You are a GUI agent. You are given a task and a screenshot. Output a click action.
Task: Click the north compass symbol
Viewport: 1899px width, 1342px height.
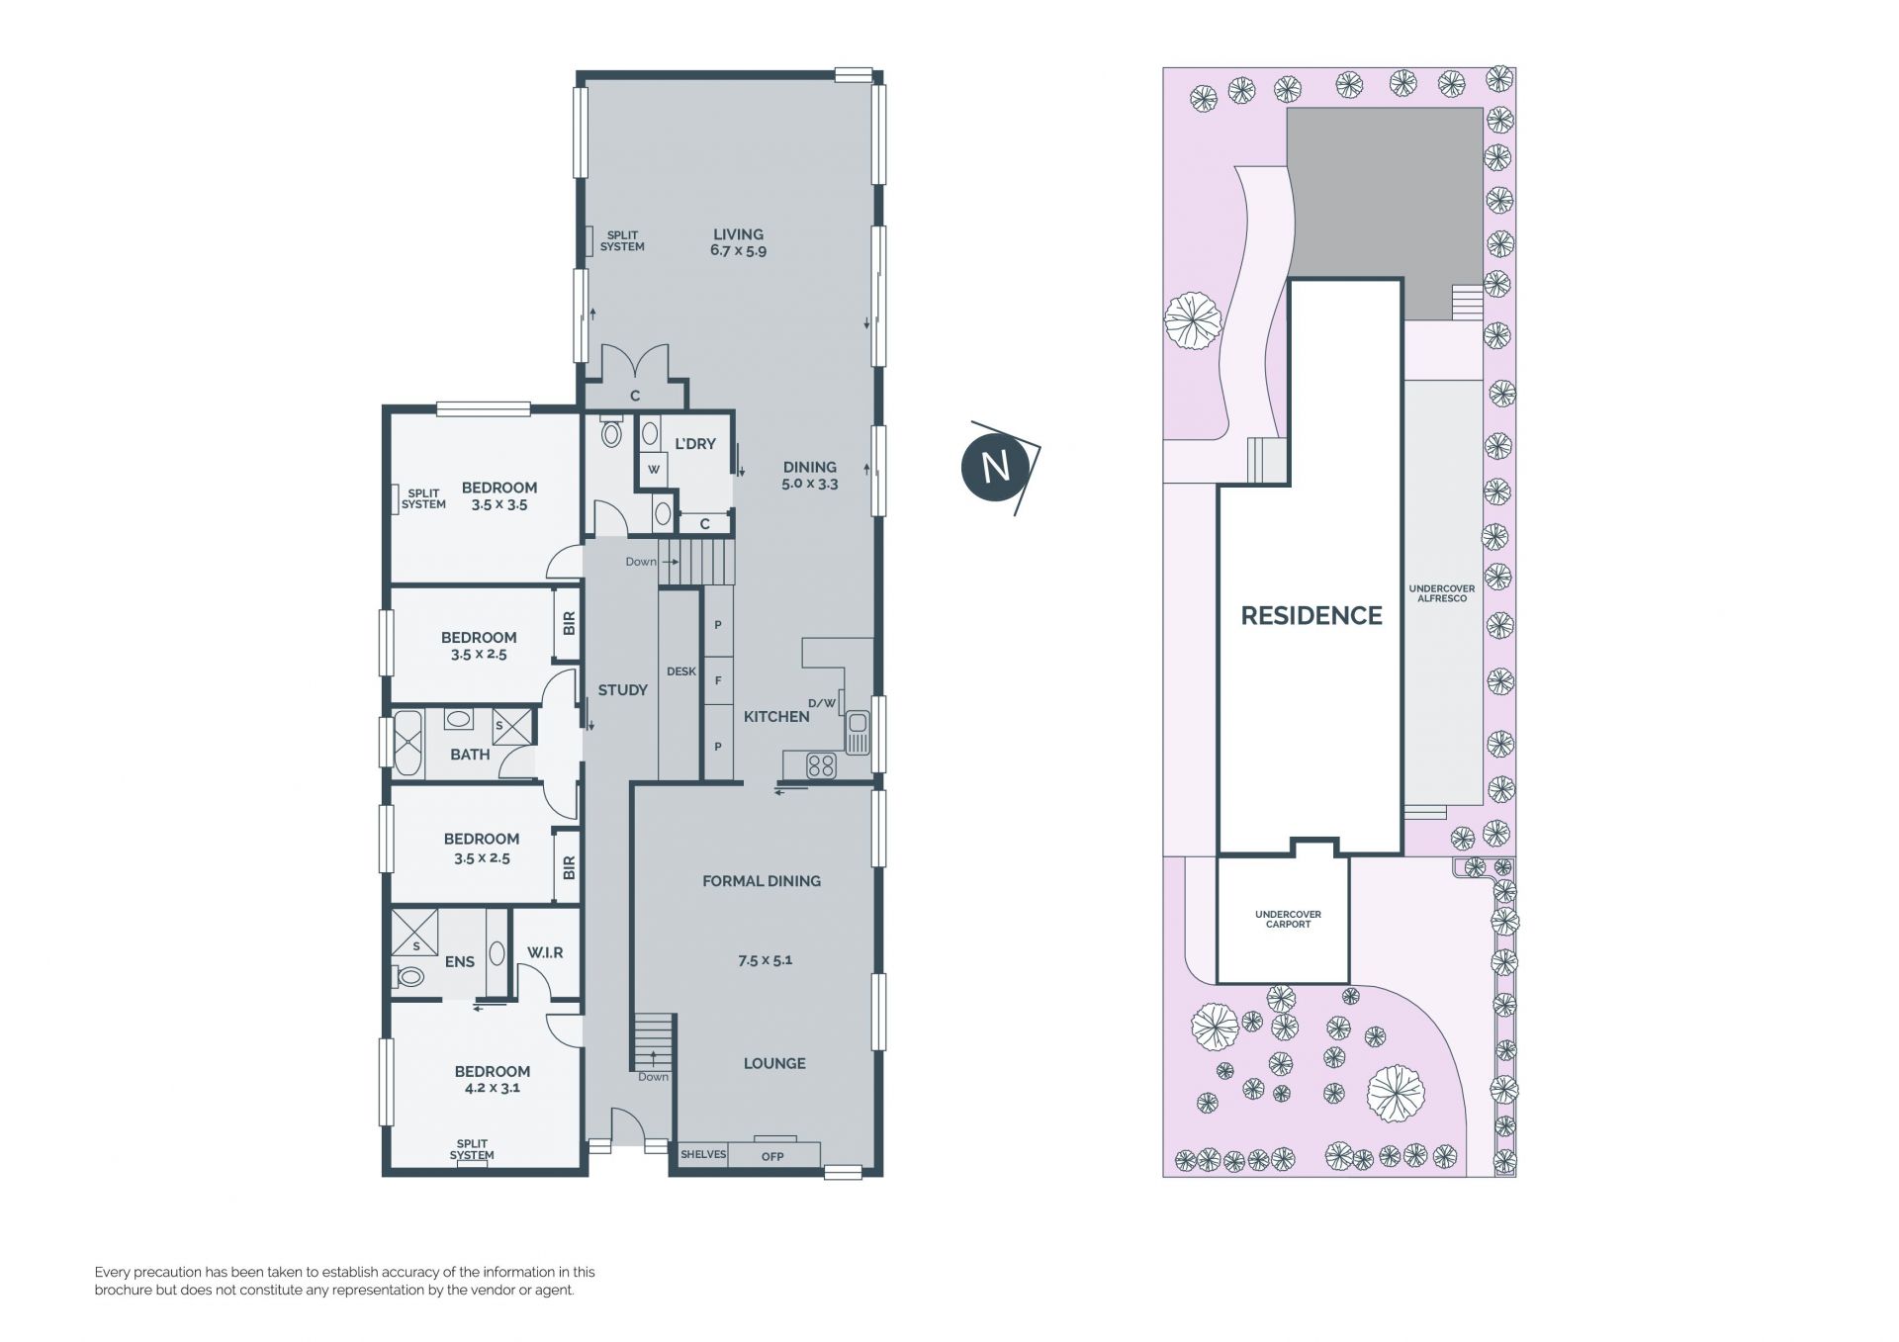click(x=997, y=466)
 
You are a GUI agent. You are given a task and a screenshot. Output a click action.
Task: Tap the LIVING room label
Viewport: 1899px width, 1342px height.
click(x=738, y=234)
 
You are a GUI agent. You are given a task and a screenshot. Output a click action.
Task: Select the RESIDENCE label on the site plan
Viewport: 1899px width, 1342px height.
click(x=1311, y=615)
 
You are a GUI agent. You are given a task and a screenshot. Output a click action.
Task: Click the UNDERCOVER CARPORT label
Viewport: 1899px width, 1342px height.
click(x=1288, y=919)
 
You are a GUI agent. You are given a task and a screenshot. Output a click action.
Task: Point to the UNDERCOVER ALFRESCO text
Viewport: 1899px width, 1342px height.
click(x=1441, y=593)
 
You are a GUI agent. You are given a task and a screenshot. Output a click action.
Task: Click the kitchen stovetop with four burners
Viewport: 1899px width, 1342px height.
click(x=821, y=764)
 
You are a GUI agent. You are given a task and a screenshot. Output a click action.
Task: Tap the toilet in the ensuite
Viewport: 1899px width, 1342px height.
click(x=407, y=977)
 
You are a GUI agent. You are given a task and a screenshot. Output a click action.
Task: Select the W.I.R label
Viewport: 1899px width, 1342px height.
click(x=545, y=952)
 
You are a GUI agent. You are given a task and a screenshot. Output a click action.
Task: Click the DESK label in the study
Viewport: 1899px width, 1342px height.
click(x=681, y=671)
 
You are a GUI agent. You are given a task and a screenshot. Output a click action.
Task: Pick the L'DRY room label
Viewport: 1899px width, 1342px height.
click(x=694, y=444)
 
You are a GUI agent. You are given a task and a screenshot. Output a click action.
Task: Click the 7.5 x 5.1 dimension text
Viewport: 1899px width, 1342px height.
click(x=765, y=959)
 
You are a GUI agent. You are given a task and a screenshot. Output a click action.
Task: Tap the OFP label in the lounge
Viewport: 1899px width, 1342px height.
click(x=772, y=1156)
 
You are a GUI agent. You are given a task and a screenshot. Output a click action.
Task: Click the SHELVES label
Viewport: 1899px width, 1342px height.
click(x=703, y=1154)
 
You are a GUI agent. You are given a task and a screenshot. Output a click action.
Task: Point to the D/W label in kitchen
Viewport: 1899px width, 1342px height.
click(x=822, y=703)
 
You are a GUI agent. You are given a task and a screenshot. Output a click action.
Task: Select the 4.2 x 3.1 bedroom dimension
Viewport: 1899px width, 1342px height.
click(x=493, y=1087)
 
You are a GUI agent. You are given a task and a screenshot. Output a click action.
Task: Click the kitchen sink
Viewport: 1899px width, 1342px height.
click(x=857, y=733)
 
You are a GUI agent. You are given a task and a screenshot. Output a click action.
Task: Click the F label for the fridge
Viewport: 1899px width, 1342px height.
click(x=718, y=680)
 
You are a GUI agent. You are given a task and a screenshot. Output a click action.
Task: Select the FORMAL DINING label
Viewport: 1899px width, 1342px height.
click(x=762, y=881)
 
